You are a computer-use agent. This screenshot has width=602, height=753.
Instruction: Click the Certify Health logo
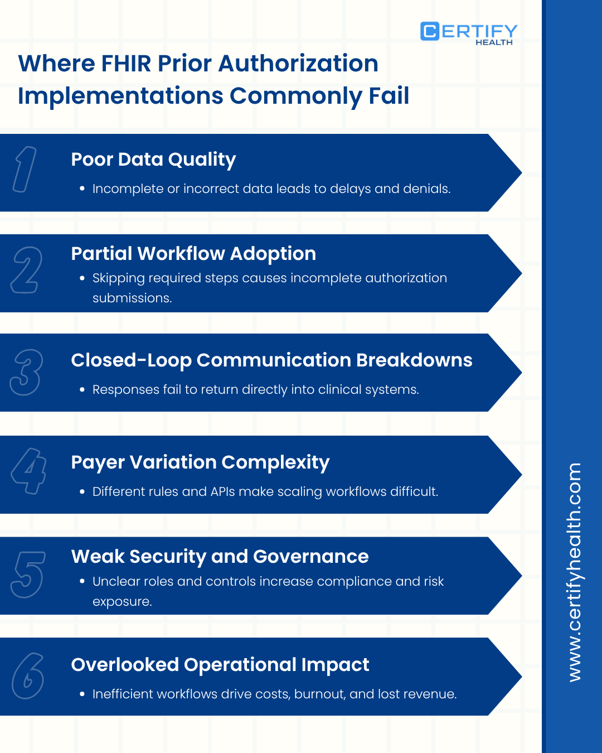click(x=468, y=33)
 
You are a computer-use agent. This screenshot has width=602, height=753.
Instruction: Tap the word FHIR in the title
click(x=126, y=64)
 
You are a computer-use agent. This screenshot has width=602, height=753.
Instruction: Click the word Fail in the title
click(x=389, y=96)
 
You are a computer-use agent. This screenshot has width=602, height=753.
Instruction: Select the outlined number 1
click(x=25, y=170)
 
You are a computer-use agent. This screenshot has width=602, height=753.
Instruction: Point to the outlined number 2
click(x=26, y=271)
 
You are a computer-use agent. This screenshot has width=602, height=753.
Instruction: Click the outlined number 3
click(x=26, y=372)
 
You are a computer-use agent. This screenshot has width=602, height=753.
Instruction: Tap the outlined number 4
click(x=28, y=471)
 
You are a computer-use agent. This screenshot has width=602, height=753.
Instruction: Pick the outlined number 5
click(x=27, y=574)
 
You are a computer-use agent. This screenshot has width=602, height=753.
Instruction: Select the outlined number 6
click(x=28, y=676)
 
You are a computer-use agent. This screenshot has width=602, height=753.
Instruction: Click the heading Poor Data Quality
click(x=153, y=160)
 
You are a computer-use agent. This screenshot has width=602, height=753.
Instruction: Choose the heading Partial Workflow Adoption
click(x=193, y=254)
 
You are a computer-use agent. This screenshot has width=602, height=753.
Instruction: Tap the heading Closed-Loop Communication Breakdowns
click(x=271, y=360)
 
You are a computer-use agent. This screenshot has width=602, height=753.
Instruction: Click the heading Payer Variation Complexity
click(x=200, y=462)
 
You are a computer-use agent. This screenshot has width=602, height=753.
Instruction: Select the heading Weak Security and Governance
click(x=220, y=557)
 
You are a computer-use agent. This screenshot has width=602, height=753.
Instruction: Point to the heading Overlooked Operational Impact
click(x=220, y=665)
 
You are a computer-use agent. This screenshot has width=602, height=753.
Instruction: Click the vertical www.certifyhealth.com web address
click(x=574, y=572)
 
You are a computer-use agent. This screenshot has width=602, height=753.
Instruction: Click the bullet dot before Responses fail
click(x=82, y=390)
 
